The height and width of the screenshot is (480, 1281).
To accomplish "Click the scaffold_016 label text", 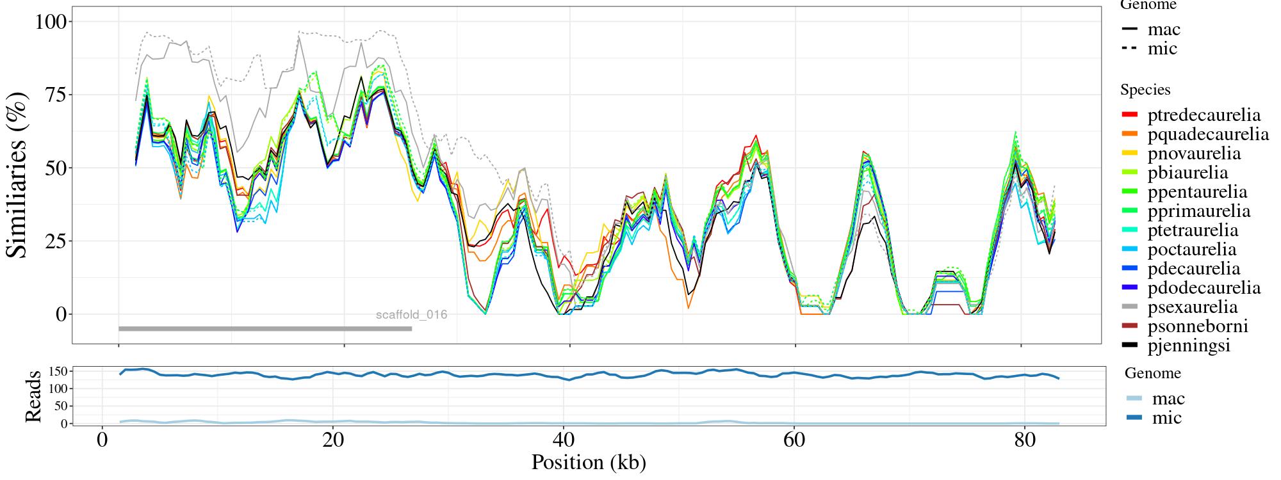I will (x=411, y=314).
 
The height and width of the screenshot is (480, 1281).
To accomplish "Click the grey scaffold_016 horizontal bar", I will (x=265, y=329).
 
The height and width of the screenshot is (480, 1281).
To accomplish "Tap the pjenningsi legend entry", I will (x=1188, y=346).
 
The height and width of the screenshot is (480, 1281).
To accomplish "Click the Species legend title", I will (x=1145, y=90).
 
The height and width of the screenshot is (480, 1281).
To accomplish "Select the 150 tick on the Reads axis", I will (x=58, y=371).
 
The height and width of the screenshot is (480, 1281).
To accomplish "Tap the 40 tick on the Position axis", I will (x=563, y=441).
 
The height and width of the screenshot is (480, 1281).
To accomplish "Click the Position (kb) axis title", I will (x=588, y=462).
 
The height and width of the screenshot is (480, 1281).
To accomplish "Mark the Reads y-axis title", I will (x=33, y=396).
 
